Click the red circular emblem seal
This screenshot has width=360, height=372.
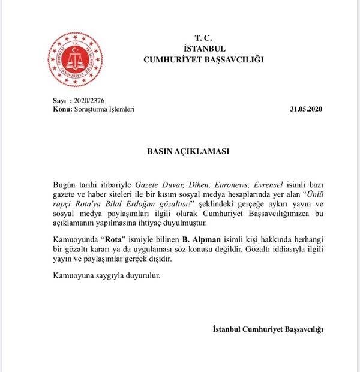(x=75, y=59)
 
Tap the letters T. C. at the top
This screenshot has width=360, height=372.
(x=203, y=37)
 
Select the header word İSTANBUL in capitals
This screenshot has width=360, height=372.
(x=203, y=48)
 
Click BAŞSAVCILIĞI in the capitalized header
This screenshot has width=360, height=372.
(x=232, y=59)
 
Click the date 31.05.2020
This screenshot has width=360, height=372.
(x=305, y=109)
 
